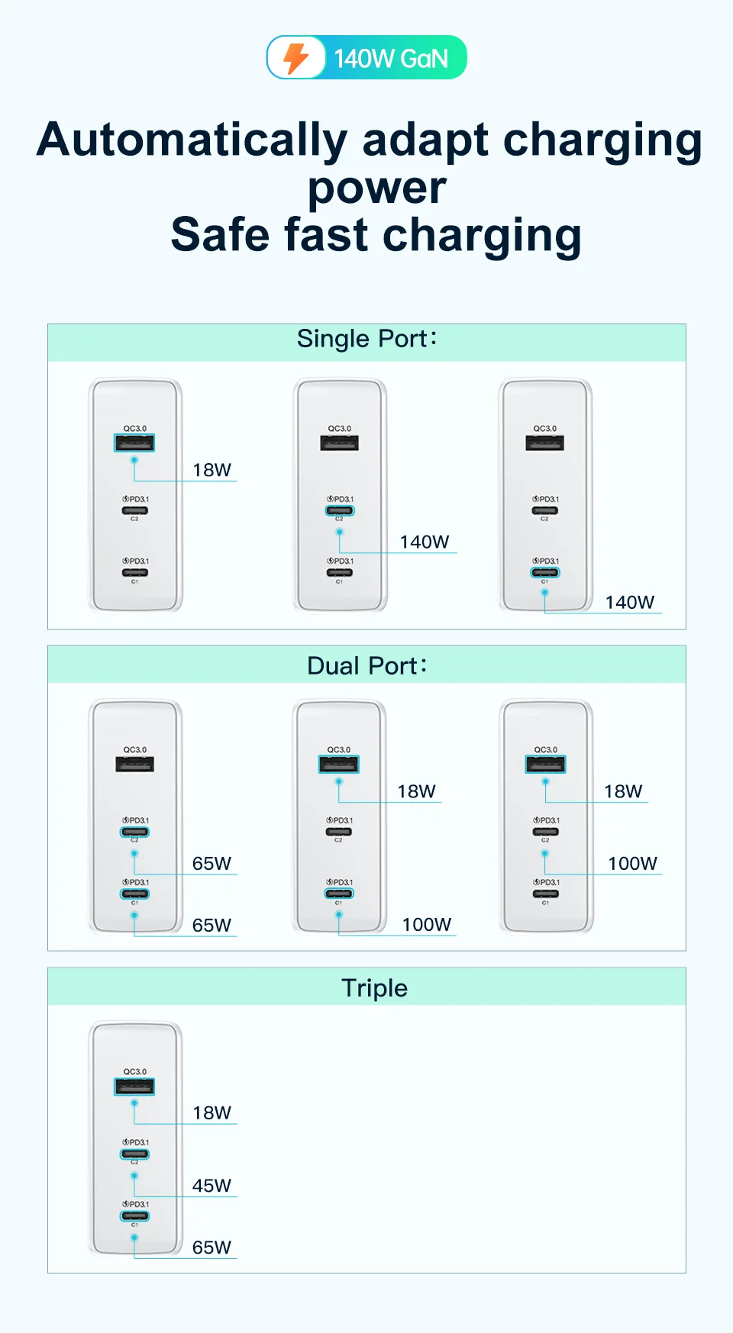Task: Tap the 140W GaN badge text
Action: coord(391,59)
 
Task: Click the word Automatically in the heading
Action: coord(192,140)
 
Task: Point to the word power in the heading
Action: coord(376,188)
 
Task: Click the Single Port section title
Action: coord(366,339)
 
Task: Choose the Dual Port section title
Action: coord(366,666)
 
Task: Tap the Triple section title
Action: coord(374,988)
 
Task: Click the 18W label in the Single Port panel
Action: coord(212,470)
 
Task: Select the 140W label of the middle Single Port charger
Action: coord(425,543)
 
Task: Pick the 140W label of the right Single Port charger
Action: coord(630,603)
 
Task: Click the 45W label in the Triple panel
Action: coord(212,1186)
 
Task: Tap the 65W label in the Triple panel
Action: coord(212,1248)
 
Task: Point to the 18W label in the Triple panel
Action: coord(212,1113)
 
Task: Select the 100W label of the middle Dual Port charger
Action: coord(427,925)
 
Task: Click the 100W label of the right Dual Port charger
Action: coord(632,864)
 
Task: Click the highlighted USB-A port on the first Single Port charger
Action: coord(134,443)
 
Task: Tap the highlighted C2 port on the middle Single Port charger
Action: coord(340,510)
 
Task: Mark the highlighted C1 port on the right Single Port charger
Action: coord(545,572)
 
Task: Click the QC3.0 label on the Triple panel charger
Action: coord(135,1072)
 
